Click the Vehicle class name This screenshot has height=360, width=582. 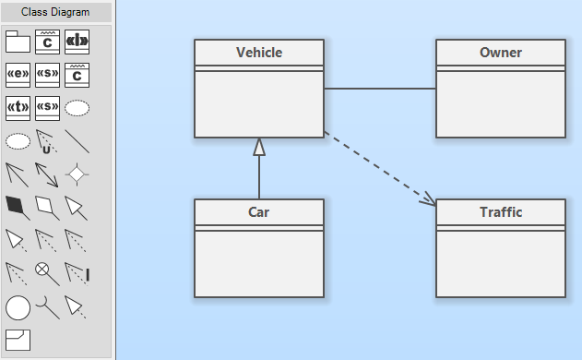[259, 53]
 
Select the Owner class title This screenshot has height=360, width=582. [501, 53]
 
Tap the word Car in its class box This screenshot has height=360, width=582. [258, 212]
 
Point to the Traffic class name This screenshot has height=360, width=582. [501, 212]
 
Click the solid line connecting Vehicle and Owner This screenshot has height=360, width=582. [380, 89]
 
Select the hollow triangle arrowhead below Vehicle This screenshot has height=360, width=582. [259, 147]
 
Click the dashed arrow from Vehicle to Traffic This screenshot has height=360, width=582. [380, 168]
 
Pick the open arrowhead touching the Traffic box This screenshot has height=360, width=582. [429, 199]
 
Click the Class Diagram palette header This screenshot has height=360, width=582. [55, 12]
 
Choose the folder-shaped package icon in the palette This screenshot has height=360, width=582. [18, 42]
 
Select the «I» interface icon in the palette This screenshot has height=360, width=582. [77, 42]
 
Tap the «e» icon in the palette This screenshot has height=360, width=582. [18, 75]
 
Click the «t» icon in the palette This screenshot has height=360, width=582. [18, 109]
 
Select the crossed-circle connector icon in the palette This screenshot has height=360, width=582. [47, 274]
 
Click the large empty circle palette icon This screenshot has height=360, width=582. [18, 307]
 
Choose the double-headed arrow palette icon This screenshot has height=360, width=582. [47, 174]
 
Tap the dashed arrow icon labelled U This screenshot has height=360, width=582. [47, 141]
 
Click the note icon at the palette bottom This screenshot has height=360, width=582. [18, 340]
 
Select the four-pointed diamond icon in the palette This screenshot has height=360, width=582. [77, 174]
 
